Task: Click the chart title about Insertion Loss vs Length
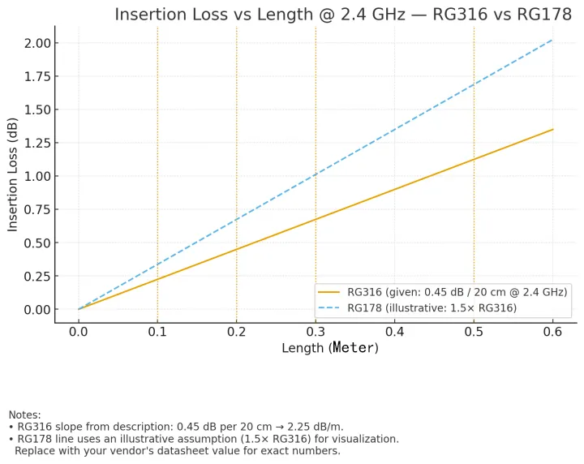coord(343,14)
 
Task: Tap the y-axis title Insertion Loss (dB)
coord(13,174)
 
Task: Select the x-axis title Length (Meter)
coord(330,348)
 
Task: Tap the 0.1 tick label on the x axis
coord(157,332)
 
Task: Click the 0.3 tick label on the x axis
coord(316,332)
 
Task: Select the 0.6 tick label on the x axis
coord(553,332)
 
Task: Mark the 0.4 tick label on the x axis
coord(395,332)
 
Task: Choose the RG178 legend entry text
coord(432,307)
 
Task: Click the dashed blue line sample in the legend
coord(329,307)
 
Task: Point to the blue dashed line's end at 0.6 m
coord(553,39)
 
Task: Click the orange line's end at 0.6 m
coord(553,129)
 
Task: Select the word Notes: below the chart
coord(24,415)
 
